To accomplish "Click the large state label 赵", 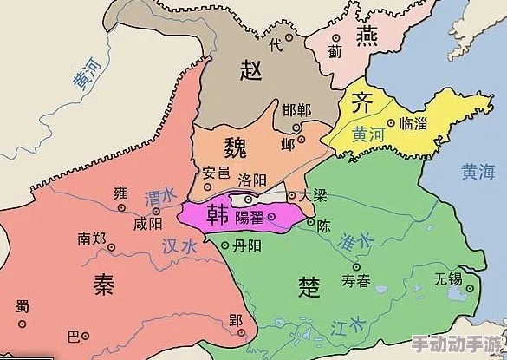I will [253, 69].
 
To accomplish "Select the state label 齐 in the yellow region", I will [361, 103].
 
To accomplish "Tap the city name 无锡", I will [450, 278].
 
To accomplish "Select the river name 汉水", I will [180, 246].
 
